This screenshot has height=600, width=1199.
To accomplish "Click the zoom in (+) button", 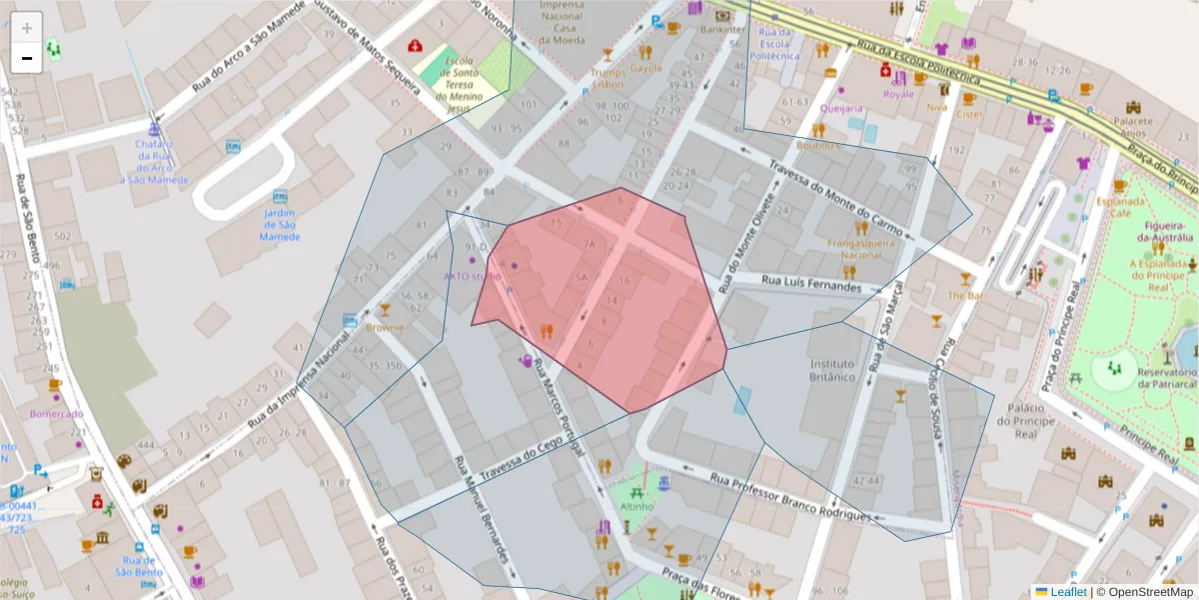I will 27,28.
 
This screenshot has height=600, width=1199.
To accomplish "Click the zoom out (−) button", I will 27,58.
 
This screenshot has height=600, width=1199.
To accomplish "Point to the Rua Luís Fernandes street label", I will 810,283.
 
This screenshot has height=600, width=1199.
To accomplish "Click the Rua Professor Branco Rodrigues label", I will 790,495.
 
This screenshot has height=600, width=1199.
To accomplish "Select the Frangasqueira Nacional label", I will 854,248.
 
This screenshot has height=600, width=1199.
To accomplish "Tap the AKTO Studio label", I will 473,276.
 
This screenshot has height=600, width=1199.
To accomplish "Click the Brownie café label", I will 385,327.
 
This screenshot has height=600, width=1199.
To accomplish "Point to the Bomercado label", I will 56,413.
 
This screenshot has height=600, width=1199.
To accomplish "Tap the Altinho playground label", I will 636,506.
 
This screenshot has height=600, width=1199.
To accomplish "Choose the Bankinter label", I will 723,30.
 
